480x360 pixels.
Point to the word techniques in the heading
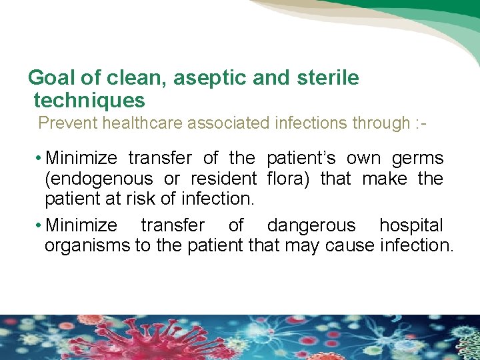tap(89, 101)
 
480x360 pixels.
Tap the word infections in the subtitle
tap(304, 123)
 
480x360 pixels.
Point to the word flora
tap(289, 179)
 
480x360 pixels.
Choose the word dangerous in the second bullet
tap(311, 225)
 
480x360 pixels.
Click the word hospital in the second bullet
tap(411, 225)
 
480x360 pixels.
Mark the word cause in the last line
tap(350, 245)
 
